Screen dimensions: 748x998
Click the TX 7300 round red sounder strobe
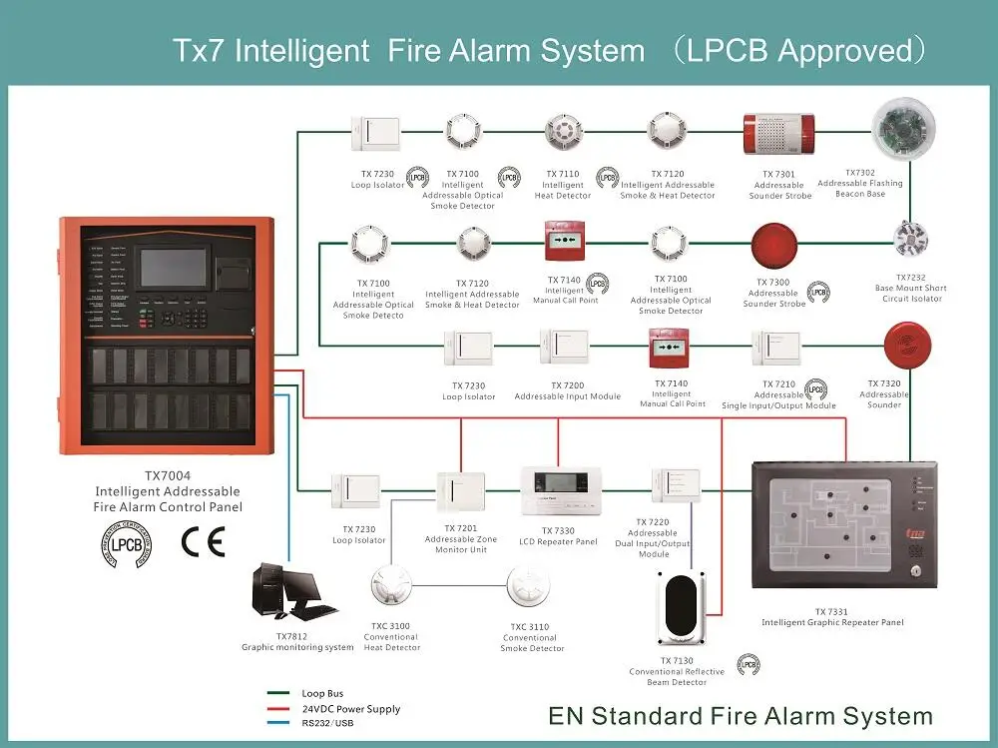click(x=773, y=244)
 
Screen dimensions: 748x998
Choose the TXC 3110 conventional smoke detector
click(x=529, y=588)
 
